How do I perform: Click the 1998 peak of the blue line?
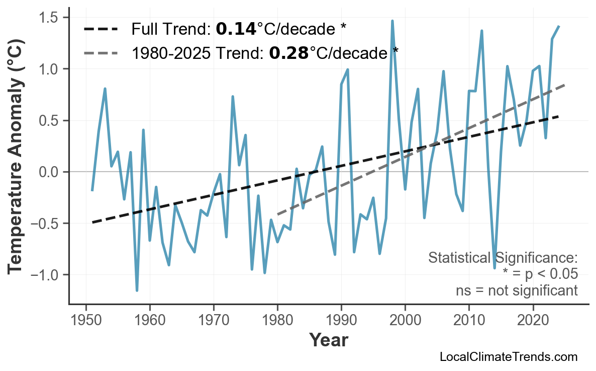pyautogui.click(x=392, y=21)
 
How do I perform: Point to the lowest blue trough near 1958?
pyautogui.click(x=137, y=290)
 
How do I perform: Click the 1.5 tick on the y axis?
pyautogui.click(x=49, y=18)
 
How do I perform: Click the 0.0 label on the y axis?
pyautogui.click(x=49, y=172)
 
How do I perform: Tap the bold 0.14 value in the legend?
pyautogui.click(x=236, y=29)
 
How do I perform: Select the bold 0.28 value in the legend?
pyautogui.click(x=289, y=52)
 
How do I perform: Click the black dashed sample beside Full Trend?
pyautogui.click(x=101, y=29)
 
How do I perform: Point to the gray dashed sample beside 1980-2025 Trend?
pyautogui.click(x=101, y=52)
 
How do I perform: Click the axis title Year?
pyautogui.click(x=328, y=340)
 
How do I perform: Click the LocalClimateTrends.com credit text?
pyautogui.click(x=508, y=357)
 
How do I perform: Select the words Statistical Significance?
pyautogui.click(x=503, y=258)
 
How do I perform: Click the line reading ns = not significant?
pyautogui.click(x=516, y=290)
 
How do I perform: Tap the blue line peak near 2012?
pyautogui.click(x=481, y=31)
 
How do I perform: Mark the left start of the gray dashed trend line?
pyautogui.click(x=278, y=214)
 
